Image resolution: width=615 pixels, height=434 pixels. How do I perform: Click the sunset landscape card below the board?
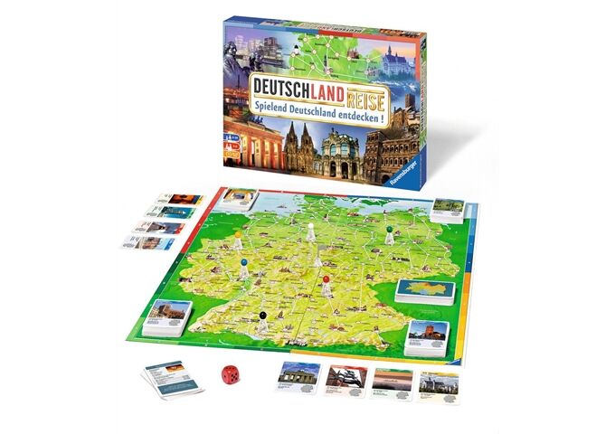(394, 378)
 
